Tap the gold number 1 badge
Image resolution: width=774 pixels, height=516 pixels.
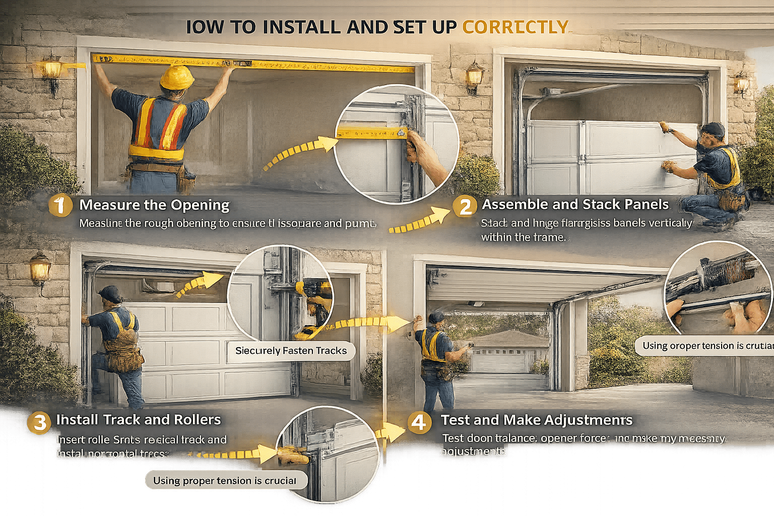pyautogui.click(x=60, y=206)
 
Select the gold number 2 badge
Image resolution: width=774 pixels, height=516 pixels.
pyautogui.click(x=464, y=206)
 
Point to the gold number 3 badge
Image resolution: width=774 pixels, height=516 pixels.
pyautogui.click(x=39, y=422)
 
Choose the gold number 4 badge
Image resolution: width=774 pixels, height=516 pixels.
pyautogui.click(x=419, y=422)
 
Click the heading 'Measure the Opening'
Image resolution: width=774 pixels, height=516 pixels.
pyautogui.click(x=154, y=205)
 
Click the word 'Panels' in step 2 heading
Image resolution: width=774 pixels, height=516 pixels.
pyautogui.click(x=647, y=205)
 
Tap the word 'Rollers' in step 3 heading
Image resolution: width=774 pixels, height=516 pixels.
pyautogui.click(x=197, y=420)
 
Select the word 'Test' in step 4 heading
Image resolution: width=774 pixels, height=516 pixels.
pyautogui.click(x=455, y=420)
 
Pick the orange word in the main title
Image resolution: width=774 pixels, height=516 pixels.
pyautogui.click(x=515, y=27)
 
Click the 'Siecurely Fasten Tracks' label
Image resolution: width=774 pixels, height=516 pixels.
pyautogui.click(x=291, y=351)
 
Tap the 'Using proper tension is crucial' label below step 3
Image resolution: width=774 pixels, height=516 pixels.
pyautogui.click(x=225, y=480)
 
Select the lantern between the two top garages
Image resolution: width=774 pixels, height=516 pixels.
pyautogui.click(x=474, y=77)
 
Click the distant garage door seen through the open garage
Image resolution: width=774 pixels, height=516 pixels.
pyautogui.click(x=498, y=359)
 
